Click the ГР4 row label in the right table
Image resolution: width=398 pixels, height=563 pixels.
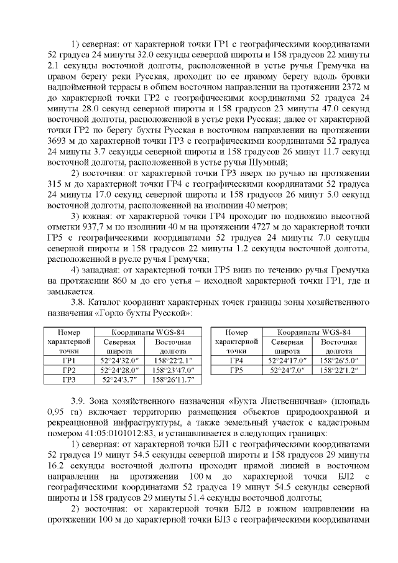[x=236, y=360]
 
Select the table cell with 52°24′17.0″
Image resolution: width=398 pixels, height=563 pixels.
[x=289, y=360]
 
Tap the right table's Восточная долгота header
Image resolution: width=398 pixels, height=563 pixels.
[x=339, y=347]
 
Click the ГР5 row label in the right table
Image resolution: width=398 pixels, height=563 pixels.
[x=236, y=370]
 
